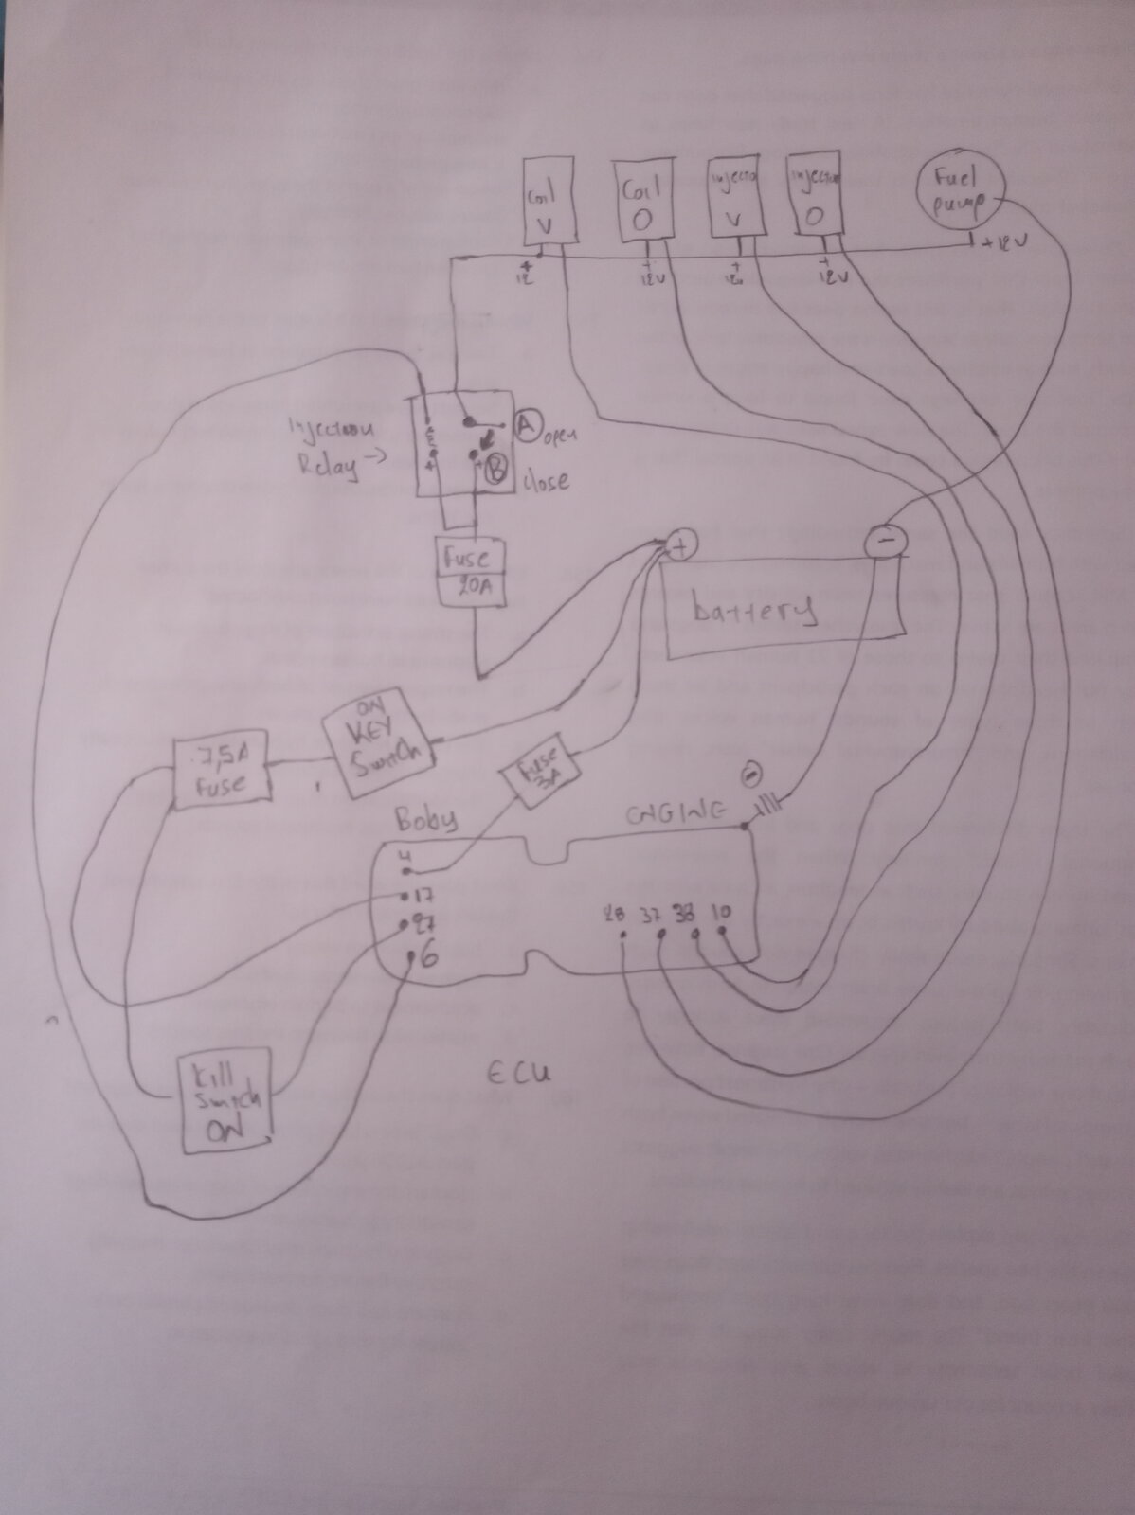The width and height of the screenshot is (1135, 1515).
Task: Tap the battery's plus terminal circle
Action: coord(682,546)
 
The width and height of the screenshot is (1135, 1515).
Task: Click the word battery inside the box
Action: coord(754,610)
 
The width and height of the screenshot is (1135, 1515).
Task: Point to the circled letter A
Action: coord(526,428)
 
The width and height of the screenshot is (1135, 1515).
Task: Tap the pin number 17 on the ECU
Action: coord(422,895)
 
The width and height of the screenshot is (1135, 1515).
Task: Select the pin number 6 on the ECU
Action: coord(427,957)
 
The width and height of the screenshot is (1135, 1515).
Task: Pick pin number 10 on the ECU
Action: coord(720,914)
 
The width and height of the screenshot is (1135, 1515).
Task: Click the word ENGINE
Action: coord(676,812)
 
